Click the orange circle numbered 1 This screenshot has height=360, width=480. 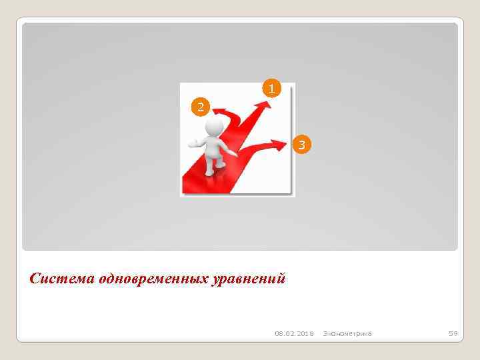coord(271,88)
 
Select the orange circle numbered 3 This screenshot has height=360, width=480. coord(301,144)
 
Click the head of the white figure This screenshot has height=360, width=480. coord(215,127)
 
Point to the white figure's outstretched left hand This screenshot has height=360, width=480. coord(193,142)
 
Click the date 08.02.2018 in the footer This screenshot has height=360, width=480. coord(294,333)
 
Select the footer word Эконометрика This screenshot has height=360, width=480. coord(347,333)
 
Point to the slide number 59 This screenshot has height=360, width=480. coord(452,333)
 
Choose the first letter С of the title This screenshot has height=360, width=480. coord(35,277)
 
